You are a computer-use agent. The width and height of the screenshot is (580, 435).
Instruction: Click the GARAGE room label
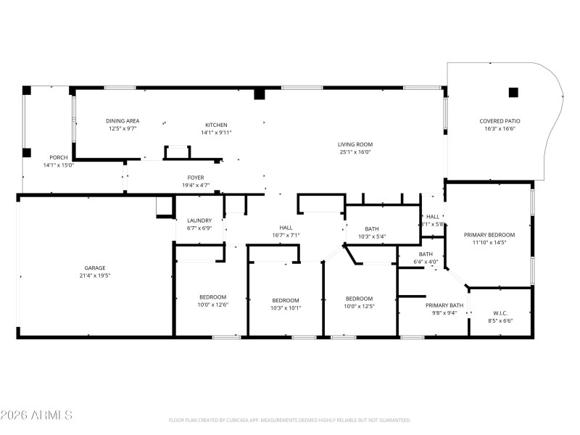[x=96, y=268]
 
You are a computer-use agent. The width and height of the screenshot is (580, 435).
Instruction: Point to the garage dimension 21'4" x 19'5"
[x=96, y=275]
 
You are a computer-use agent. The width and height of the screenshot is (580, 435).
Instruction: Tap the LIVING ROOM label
[x=355, y=144]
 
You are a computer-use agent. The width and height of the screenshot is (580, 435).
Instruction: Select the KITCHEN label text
[x=216, y=125]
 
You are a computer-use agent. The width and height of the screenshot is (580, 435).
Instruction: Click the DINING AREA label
[x=123, y=120]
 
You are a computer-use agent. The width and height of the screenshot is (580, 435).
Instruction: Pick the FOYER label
[x=196, y=178]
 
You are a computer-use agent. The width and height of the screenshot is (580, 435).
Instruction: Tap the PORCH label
[x=59, y=157]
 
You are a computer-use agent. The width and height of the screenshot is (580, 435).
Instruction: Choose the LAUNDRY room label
[x=199, y=220]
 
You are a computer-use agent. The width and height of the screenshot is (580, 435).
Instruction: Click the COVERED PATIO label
[x=500, y=121]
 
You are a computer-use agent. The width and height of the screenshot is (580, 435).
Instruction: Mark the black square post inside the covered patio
[x=513, y=92]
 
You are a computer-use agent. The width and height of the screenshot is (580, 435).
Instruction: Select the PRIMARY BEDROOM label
[x=489, y=235]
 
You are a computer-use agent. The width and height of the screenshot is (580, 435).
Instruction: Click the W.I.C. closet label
[x=500, y=312]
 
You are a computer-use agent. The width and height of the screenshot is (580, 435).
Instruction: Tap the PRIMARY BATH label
[x=444, y=305]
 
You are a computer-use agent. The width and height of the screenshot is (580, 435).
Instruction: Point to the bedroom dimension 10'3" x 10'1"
[x=286, y=307]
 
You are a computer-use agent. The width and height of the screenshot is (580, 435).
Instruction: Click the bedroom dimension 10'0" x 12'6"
[x=213, y=304]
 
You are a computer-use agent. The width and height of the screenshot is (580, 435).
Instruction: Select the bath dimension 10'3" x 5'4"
[x=372, y=236]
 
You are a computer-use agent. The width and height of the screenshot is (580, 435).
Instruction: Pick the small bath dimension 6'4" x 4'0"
[x=426, y=261]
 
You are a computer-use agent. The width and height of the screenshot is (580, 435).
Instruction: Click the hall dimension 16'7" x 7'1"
[x=286, y=235]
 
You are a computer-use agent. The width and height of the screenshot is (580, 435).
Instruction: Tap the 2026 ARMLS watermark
[x=36, y=415]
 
